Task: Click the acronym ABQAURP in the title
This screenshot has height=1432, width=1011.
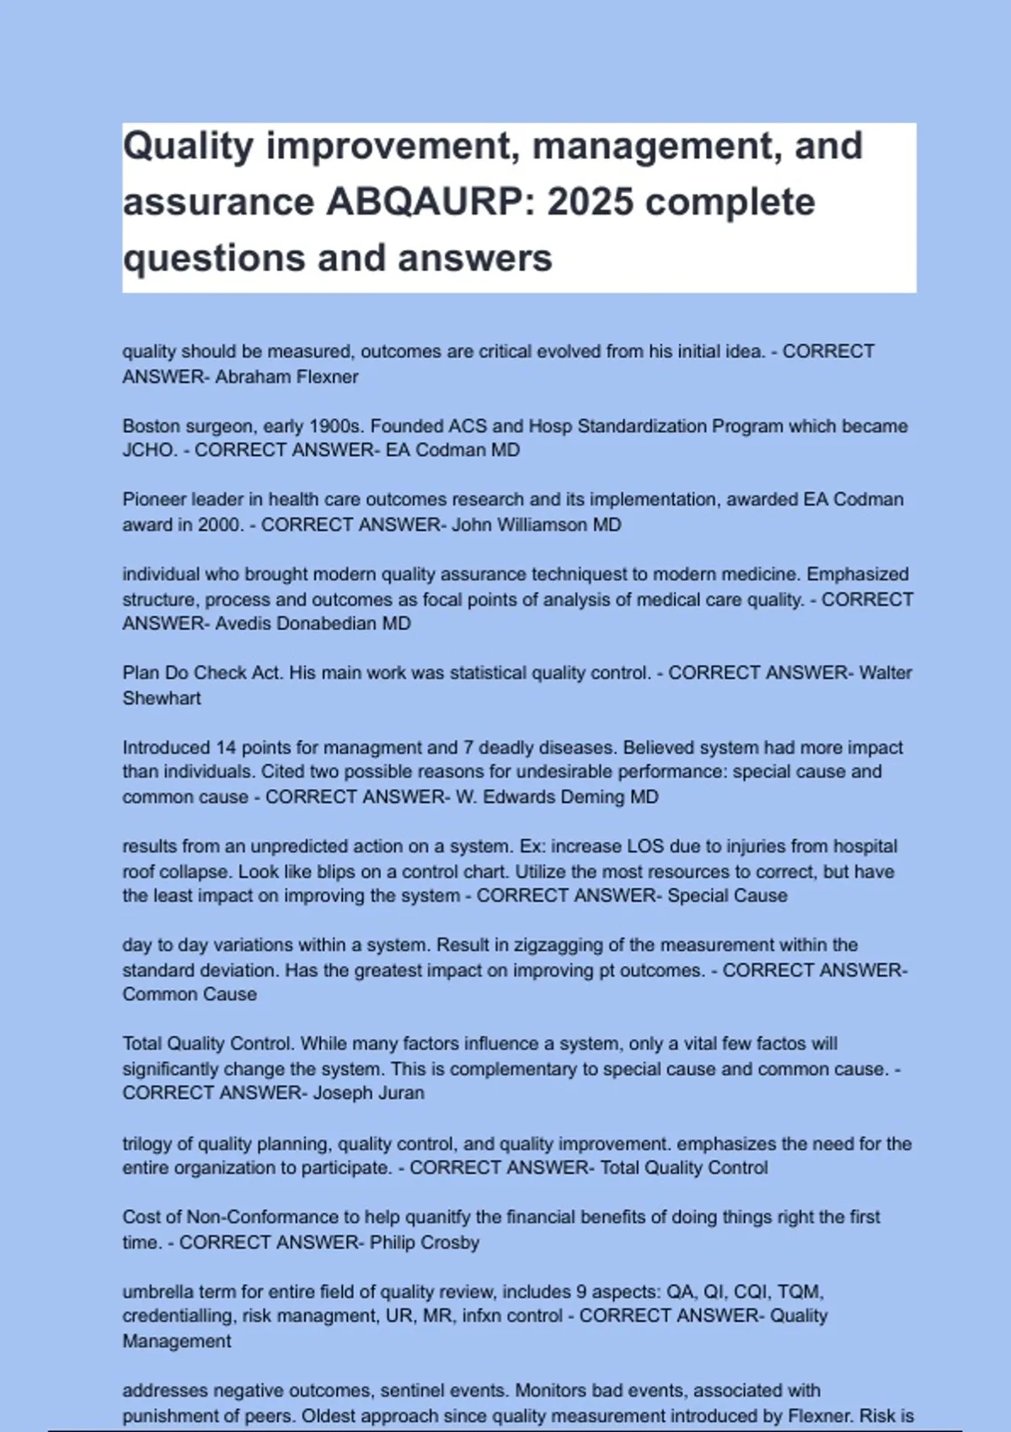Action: click(428, 202)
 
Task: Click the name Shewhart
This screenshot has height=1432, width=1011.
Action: click(162, 698)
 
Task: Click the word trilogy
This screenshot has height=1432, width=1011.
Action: click(147, 1144)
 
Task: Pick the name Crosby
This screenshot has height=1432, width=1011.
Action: click(450, 1242)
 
